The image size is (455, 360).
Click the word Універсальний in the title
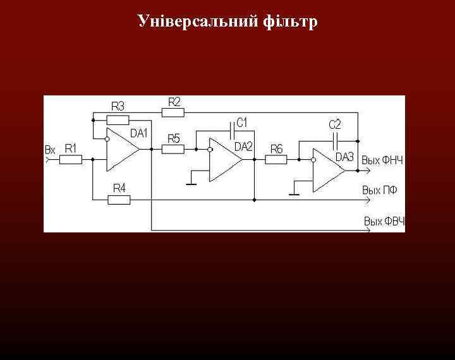(x=196, y=22)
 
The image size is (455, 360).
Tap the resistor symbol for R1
(x=71, y=160)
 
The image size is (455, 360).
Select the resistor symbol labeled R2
(x=173, y=112)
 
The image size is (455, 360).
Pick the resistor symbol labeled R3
(x=118, y=119)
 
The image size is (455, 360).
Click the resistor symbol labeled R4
(x=119, y=200)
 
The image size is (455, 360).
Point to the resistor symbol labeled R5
(x=173, y=150)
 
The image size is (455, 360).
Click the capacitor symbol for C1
(x=233, y=131)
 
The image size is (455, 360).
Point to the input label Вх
(x=50, y=150)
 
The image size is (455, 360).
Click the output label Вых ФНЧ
(x=382, y=160)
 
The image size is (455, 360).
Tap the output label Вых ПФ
(x=380, y=189)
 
